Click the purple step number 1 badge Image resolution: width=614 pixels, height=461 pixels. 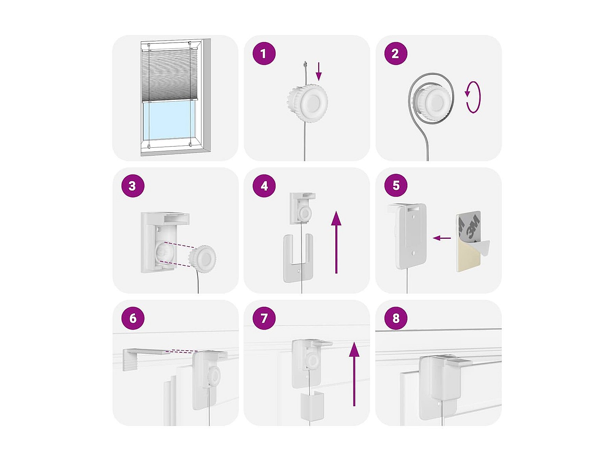click(x=264, y=54)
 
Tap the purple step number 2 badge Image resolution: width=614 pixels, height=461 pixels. click(x=396, y=54)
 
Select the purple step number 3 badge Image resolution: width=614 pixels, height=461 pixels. click(x=133, y=186)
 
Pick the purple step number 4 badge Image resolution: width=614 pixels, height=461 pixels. click(x=264, y=186)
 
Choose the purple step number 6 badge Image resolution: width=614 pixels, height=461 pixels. click(x=133, y=318)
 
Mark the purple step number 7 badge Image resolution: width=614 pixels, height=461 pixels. click(x=264, y=318)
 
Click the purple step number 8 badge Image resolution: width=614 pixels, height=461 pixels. click(x=396, y=318)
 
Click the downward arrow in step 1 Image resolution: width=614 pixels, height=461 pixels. click(x=318, y=72)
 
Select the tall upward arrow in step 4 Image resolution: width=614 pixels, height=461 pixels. click(x=336, y=242)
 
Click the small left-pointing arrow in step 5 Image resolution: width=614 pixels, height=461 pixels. click(x=442, y=238)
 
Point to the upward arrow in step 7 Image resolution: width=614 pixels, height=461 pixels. click(x=354, y=374)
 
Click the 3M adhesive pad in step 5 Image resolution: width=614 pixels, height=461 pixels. click(x=472, y=242)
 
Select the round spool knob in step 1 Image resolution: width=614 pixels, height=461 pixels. click(x=307, y=102)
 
